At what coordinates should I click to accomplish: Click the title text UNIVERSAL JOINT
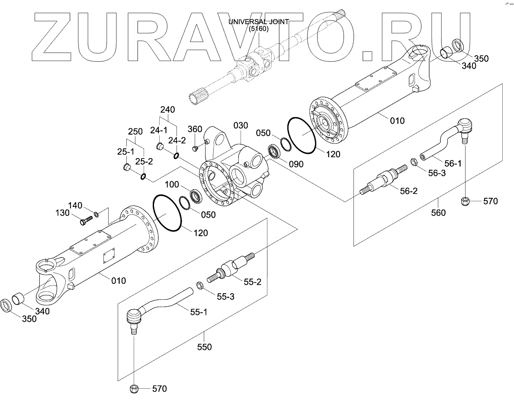(259, 22)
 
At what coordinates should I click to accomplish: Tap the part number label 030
(241, 126)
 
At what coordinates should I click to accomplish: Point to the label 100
(172, 185)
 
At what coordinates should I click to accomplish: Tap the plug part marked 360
(195, 149)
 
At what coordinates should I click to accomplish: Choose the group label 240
(167, 110)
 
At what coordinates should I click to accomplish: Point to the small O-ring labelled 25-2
(143, 176)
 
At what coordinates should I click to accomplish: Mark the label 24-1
(159, 130)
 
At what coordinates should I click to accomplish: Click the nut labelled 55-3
(200, 285)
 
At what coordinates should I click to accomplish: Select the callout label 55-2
(253, 282)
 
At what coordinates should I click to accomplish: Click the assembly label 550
(204, 347)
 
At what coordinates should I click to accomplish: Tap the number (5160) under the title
(259, 29)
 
